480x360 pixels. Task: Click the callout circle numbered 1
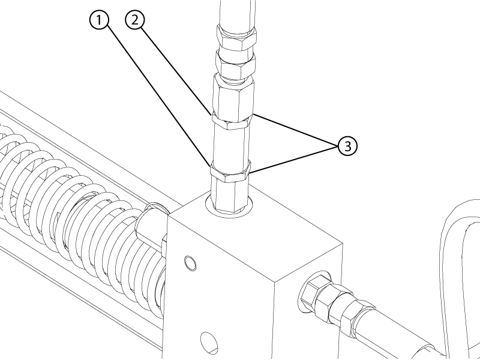(x=99, y=20)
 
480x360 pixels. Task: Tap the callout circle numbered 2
(x=135, y=20)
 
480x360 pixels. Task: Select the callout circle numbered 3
(x=347, y=146)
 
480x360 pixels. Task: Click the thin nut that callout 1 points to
(x=230, y=173)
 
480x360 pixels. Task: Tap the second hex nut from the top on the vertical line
(x=235, y=64)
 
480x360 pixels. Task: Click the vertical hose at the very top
(x=238, y=14)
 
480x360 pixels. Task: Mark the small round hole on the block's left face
(x=190, y=263)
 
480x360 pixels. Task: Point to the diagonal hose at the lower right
(x=395, y=334)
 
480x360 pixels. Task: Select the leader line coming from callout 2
(x=176, y=71)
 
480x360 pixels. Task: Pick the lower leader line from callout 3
(x=293, y=161)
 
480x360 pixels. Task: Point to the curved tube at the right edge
(x=459, y=275)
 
